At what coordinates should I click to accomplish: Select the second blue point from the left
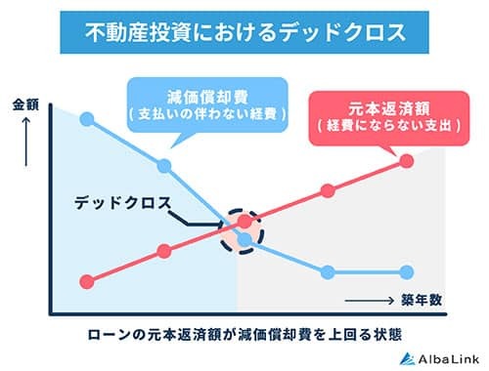click(164, 163)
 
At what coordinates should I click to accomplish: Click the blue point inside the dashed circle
click(244, 238)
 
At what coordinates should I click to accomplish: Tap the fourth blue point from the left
click(327, 270)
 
